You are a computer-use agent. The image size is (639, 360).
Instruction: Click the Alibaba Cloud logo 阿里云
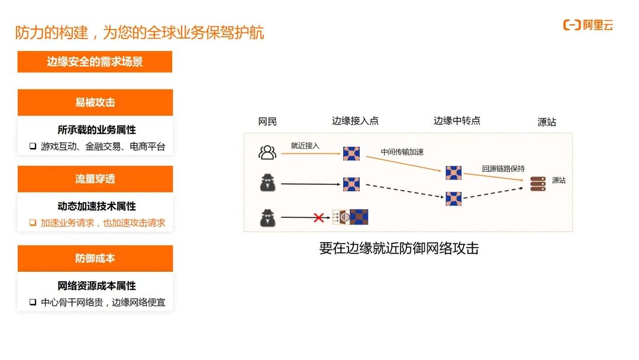pos(588,25)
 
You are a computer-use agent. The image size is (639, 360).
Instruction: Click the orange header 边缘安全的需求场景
pos(95,62)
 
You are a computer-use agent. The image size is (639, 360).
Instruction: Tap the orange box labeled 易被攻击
pos(95,102)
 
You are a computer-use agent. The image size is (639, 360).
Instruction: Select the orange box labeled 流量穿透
pos(95,179)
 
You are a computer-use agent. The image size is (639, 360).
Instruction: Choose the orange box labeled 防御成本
pos(95,259)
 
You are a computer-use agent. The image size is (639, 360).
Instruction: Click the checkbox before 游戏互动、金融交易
pos(33,146)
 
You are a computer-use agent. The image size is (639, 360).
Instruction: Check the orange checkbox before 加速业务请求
pos(33,223)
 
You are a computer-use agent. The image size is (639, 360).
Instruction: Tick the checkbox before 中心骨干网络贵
pos(33,302)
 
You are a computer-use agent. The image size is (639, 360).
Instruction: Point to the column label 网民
pos(267,121)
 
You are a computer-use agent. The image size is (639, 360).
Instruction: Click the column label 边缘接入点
pos(355,121)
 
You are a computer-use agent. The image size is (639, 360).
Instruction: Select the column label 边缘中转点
pos(457,121)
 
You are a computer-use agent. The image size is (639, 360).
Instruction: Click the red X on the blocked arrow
pos(319,217)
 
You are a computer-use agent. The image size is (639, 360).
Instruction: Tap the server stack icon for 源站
pos(538,184)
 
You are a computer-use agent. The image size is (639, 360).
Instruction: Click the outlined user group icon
pos(267,153)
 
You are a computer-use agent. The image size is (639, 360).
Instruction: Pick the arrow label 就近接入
pos(305,146)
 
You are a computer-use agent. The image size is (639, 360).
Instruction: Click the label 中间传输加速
pos(402,152)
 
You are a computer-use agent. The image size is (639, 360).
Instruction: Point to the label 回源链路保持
pos(504,169)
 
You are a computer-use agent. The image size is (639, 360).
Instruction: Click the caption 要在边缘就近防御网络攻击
pos(399,248)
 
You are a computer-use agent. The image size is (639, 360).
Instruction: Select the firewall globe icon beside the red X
pos(341,217)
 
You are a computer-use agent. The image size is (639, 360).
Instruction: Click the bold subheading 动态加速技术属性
pos(96,206)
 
